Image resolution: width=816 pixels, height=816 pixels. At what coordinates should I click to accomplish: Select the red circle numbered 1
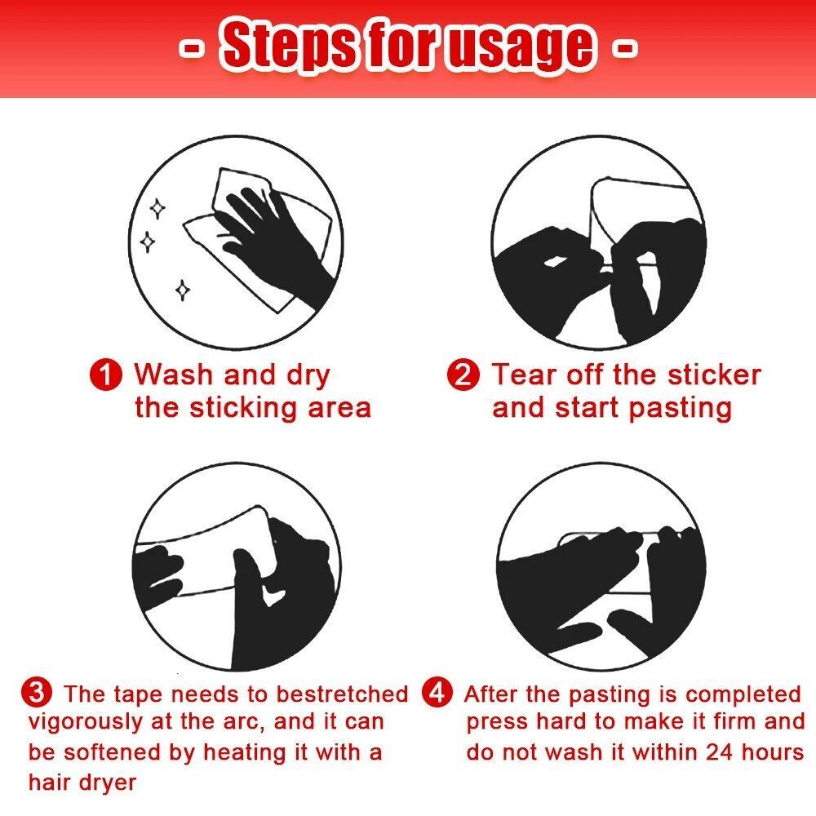pos(105,375)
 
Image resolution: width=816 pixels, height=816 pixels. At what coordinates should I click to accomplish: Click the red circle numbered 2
pos(463,375)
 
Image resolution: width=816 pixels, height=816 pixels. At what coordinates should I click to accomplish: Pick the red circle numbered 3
pos(37,694)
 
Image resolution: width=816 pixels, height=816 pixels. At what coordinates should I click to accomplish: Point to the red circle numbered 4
pos(437,693)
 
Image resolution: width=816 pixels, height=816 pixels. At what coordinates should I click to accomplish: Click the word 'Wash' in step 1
pos(173,375)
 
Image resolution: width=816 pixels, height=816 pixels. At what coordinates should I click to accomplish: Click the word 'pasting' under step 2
pos(680,409)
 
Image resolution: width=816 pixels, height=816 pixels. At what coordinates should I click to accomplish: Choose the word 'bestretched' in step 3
pos(341,694)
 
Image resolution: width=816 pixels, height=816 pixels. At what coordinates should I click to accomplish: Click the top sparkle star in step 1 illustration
pos(157,209)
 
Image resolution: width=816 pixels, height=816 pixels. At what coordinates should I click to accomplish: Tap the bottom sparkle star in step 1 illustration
pos(182,290)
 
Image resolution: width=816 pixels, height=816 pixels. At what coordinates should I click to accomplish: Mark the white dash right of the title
pos(623,48)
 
